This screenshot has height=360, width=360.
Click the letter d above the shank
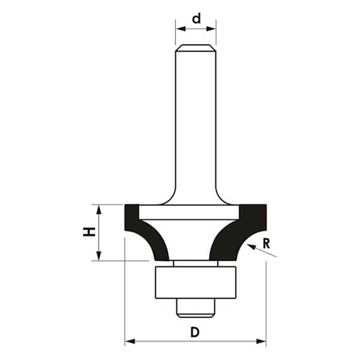[196, 18]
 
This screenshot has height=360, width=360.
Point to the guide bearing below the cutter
[196, 281]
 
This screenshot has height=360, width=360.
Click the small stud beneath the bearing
[196, 307]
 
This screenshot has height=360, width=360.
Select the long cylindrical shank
[196, 120]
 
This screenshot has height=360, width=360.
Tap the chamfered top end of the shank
[196, 48]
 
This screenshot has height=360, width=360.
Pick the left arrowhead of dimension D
[129, 342]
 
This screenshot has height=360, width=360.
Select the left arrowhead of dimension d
[179, 28]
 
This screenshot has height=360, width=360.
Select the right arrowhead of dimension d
[212, 28]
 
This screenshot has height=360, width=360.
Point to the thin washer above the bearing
[196, 263]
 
